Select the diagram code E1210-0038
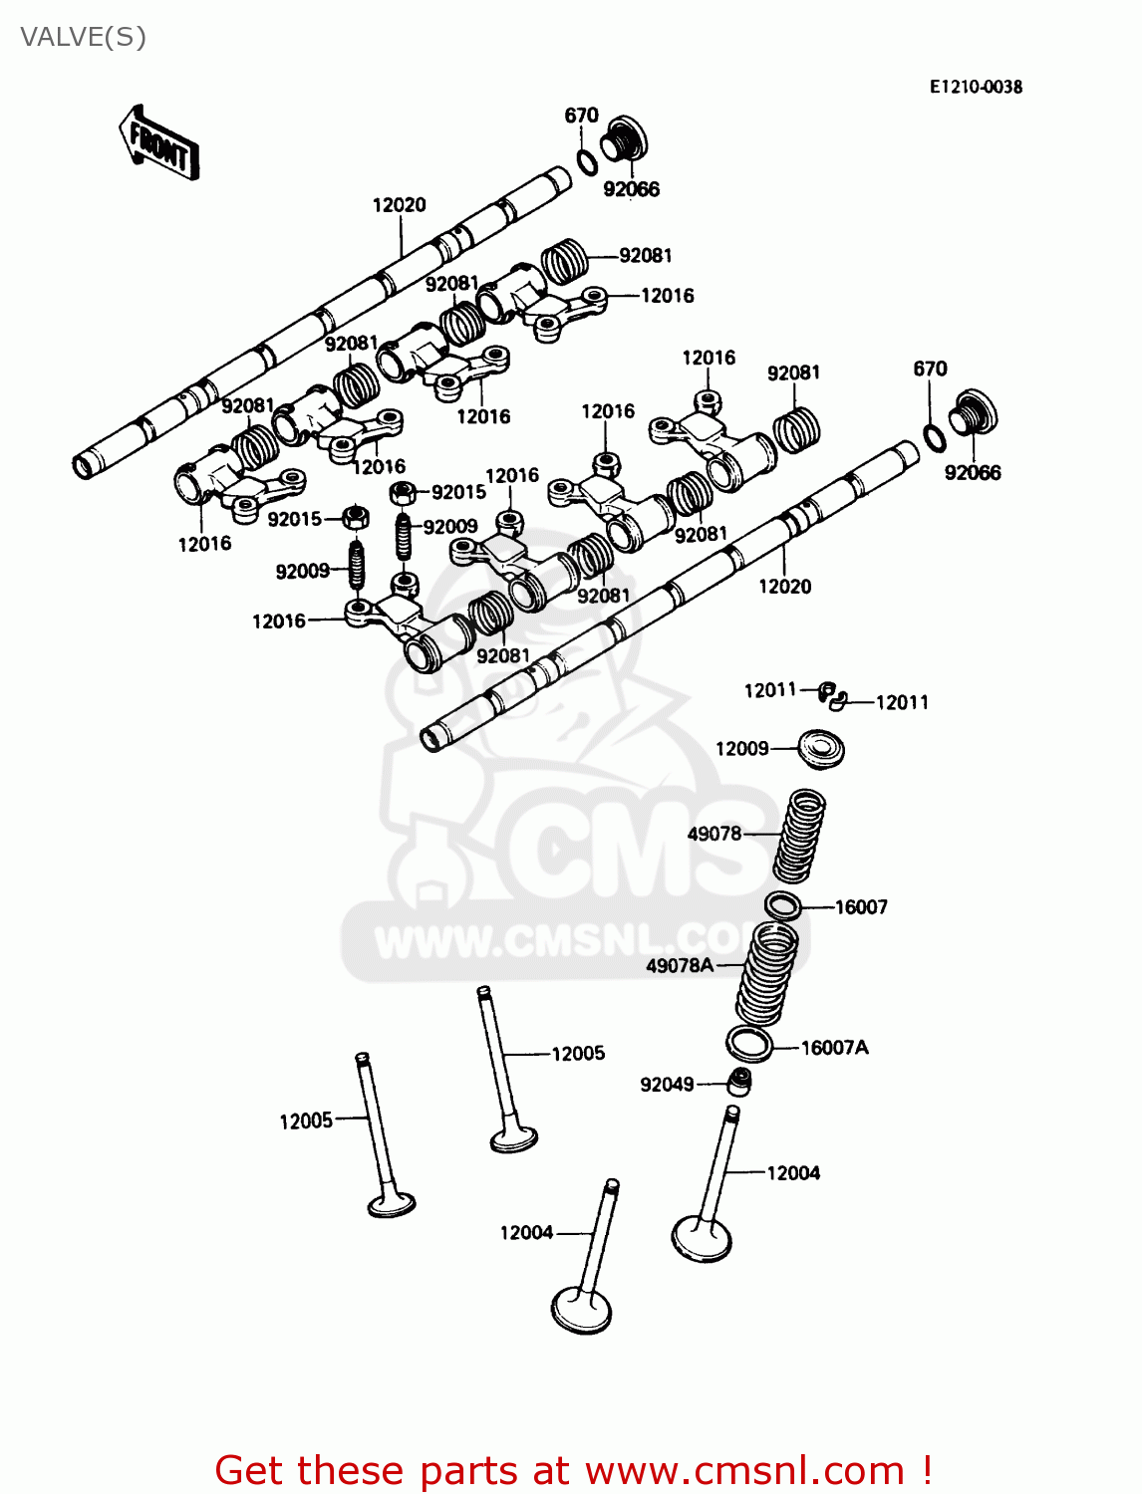click(x=976, y=87)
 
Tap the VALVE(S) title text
click(x=84, y=38)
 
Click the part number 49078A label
click(x=680, y=965)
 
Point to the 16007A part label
click(x=835, y=1047)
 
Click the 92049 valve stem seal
click(x=738, y=1081)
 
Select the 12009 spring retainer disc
click(x=821, y=748)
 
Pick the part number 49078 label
click(x=714, y=834)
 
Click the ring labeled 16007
click(x=783, y=906)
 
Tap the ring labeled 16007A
click(x=749, y=1043)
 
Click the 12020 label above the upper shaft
click(x=400, y=205)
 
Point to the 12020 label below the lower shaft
click(x=785, y=587)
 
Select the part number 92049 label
click(x=667, y=1085)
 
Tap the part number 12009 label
click(x=742, y=748)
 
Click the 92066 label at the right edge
click(x=973, y=473)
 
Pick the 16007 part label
click(x=861, y=907)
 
